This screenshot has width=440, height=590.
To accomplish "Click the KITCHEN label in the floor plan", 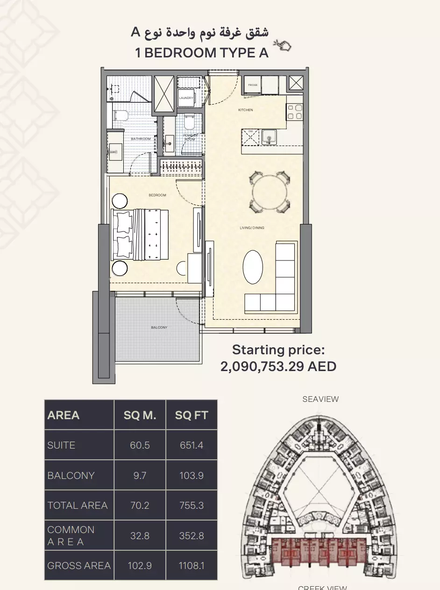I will click(246, 110).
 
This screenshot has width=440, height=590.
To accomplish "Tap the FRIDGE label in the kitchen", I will click(253, 85).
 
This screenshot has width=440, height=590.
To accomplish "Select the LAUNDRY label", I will click(186, 98).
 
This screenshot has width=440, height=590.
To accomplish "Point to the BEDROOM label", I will click(157, 195).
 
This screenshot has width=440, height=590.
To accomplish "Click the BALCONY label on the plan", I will click(159, 328).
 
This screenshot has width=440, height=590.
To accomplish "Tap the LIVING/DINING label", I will click(252, 228).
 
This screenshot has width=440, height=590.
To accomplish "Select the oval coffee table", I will click(253, 267).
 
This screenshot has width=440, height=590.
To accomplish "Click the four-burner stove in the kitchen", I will click(295, 112).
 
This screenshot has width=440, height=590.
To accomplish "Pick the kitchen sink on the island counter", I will click(269, 137).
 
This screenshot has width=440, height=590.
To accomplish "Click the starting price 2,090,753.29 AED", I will click(278, 366).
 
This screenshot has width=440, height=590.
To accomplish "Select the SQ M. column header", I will click(140, 415).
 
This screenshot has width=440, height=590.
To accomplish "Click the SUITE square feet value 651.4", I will click(192, 445).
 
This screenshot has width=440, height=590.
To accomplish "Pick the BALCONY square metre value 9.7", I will click(140, 476).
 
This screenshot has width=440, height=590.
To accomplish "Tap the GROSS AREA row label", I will click(79, 566).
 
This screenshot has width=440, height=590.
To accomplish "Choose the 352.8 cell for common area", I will click(192, 536).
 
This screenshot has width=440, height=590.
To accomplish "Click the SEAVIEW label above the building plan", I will click(320, 399).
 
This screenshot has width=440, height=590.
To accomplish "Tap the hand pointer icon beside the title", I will click(283, 45).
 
